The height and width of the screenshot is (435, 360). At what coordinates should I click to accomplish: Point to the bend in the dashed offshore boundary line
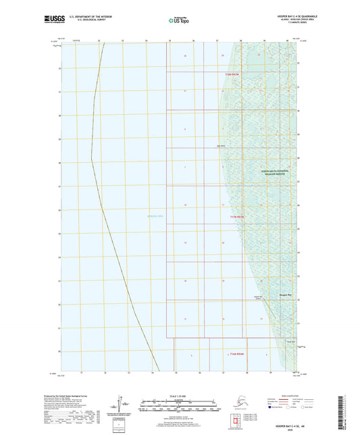click(92, 161)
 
